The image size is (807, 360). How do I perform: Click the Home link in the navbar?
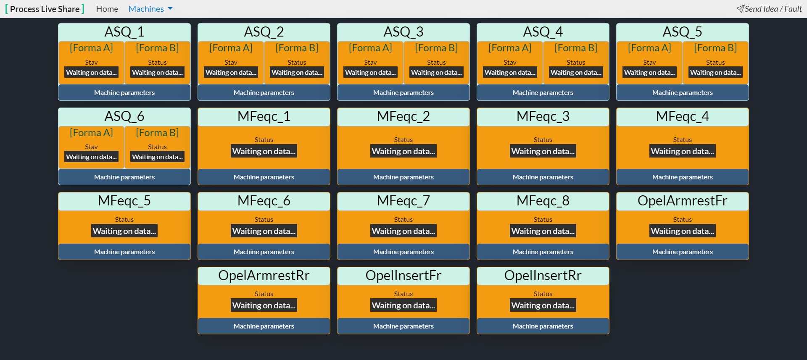[107, 9]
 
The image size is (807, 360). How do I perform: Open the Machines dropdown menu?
[150, 9]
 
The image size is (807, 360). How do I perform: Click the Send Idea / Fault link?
[769, 9]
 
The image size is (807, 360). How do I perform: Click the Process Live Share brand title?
[45, 9]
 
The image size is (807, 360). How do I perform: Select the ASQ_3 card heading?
[403, 32]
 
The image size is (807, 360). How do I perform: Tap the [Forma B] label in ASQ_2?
[297, 48]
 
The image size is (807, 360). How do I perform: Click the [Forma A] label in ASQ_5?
[649, 48]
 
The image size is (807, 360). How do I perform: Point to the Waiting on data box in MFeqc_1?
[264, 151]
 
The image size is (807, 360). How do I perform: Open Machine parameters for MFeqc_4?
[683, 177]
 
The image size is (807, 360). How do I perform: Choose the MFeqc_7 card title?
[403, 201]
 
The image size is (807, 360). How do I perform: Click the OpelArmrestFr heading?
[683, 201]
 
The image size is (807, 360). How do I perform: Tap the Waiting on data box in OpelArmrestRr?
[264, 305]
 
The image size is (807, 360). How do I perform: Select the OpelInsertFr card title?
[403, 276]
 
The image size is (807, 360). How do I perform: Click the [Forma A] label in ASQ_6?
[91, 133]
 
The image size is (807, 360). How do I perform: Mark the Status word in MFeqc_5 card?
[124, 219]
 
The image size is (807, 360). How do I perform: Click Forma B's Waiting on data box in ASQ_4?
[576, 72]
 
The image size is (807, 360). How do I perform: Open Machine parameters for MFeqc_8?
[543, 252]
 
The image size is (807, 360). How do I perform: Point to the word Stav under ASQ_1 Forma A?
[91, 62]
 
